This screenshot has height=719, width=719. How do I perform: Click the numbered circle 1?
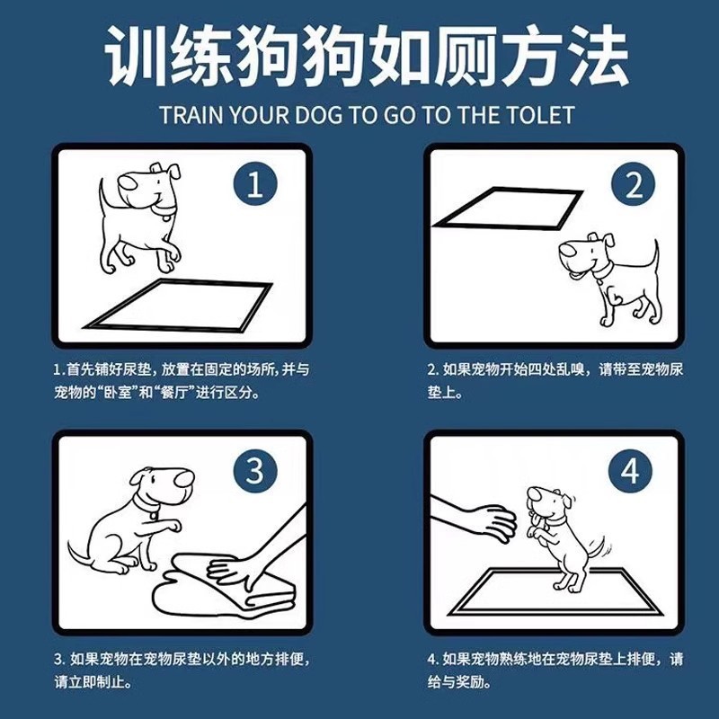coord(255,185)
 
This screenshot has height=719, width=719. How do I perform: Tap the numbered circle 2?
coord(634,185)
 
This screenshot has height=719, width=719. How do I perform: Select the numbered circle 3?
coord(255,471)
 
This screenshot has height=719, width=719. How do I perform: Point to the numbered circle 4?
coord(630,471)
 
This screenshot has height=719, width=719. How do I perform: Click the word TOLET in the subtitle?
coord(540,115)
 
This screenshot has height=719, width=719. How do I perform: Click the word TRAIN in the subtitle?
coord(191,115)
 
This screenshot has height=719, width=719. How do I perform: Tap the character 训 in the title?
coord(137,55)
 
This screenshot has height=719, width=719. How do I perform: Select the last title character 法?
coord(597,55)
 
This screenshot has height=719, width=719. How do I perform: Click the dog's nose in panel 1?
coord(128,182)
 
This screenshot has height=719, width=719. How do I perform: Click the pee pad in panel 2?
coord(508,209)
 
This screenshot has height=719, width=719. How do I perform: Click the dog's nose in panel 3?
coord(185,478)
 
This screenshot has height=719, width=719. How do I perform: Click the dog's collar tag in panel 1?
coord(166,217)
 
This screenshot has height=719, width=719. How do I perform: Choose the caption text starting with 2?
coord(555,380)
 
